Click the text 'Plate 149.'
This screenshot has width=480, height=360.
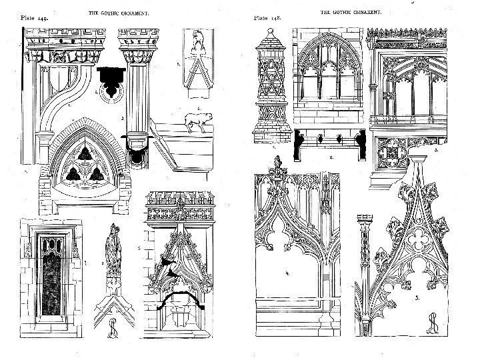click(33, 18)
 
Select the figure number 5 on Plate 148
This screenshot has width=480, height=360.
click(417, 298)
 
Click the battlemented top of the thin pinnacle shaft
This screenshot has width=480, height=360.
click(363, 220)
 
